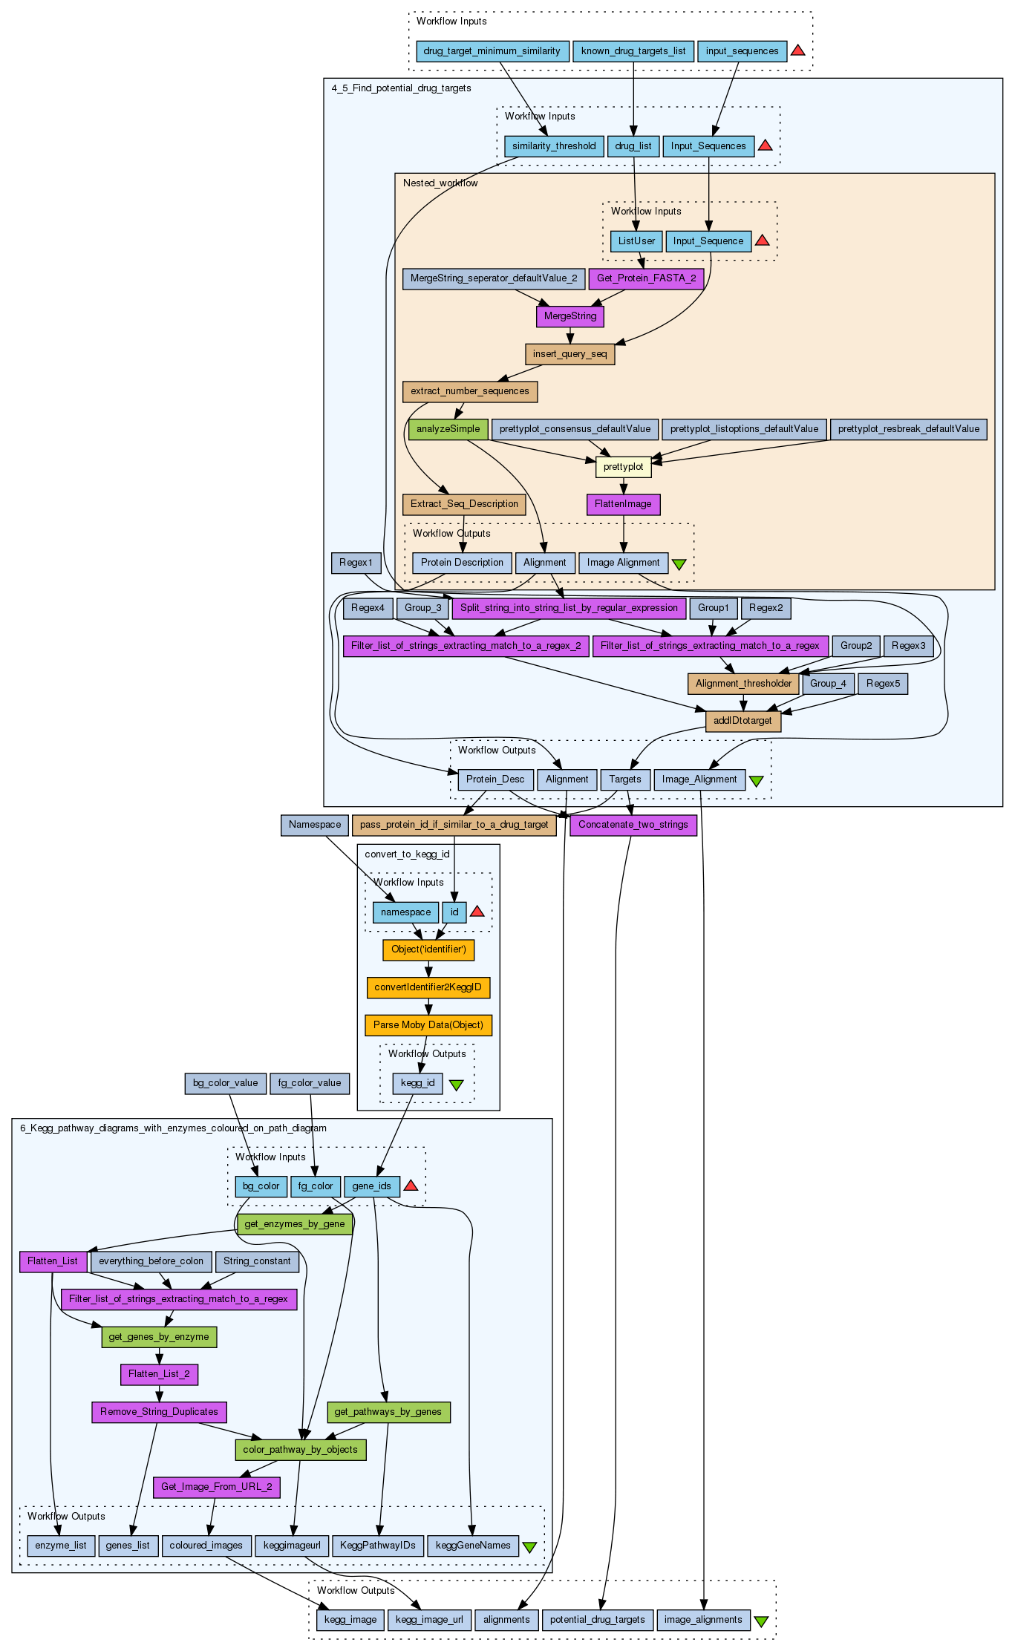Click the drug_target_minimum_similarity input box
point(492,51)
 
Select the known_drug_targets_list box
point(633,51)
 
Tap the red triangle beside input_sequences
point(797,50)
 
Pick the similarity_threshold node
point(554,146)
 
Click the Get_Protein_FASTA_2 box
point(646,278)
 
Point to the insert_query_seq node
point(569,354)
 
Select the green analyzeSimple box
point(448,429)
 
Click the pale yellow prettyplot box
point(623,467)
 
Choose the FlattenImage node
point(623,504)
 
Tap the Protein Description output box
point(462,563)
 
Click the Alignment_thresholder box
point(743,684)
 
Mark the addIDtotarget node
point(743,721)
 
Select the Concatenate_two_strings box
point(633,825)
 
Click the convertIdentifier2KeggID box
point(428,987)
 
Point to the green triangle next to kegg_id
point(456,1085)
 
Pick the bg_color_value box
point(225,1083)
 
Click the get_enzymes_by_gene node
point(294,1224)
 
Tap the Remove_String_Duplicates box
point(159,1412)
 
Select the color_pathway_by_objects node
point(300,1450)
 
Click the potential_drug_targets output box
point(597,1620)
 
